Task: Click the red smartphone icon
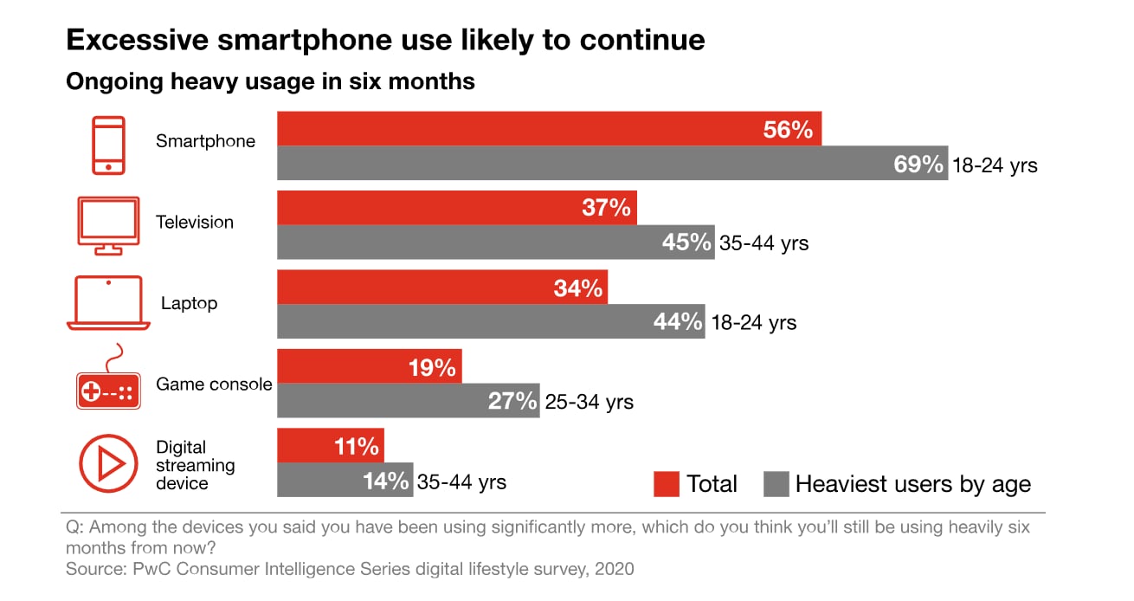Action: [109, 145]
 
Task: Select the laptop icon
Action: [108, 304]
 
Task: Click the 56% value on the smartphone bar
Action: [788, 130]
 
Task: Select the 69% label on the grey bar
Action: [918, 165]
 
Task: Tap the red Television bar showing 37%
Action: [456, 208]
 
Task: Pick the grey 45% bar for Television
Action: [495, 242]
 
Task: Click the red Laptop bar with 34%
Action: [441, 288]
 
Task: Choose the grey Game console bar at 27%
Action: [408, 401]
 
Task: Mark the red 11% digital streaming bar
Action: [330, 447]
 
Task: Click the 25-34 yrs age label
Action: [589, 402]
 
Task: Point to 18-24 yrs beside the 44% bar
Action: [753, 323]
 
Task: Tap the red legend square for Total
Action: [666, 483]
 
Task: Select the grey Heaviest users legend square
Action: [776, 483]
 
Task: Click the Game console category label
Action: [214, 384]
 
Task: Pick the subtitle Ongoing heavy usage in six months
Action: [270, 81]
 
